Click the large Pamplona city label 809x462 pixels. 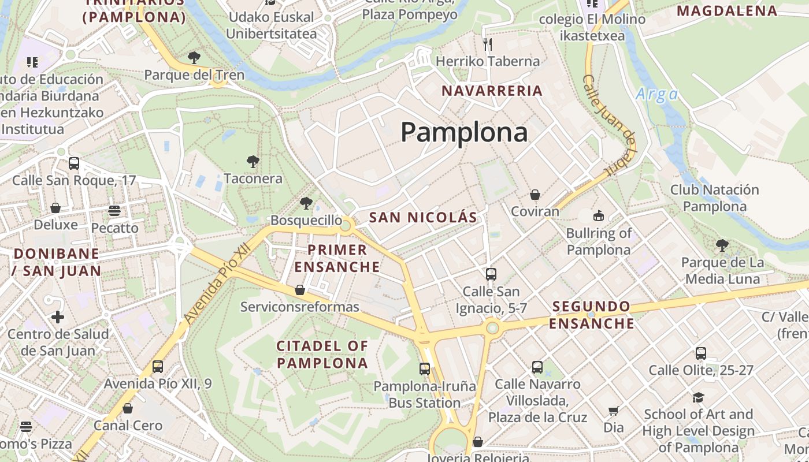464,132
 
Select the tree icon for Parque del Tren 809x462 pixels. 194,58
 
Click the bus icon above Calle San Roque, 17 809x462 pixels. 74,163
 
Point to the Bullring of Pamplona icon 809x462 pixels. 598,216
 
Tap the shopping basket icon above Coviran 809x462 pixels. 535,195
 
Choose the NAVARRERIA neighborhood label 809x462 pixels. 492,91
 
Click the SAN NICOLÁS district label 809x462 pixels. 424,218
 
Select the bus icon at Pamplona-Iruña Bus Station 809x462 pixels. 425,368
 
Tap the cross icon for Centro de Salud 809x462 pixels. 58,316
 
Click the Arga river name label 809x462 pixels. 656,95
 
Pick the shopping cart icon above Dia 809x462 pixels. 613,411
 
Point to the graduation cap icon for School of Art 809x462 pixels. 699,397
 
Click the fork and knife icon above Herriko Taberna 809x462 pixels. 488,44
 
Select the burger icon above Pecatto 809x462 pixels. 114,211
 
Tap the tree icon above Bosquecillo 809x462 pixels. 306,203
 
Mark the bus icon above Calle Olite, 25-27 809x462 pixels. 701,353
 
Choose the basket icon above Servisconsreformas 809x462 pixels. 299,290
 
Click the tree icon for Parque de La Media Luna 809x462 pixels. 722,245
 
